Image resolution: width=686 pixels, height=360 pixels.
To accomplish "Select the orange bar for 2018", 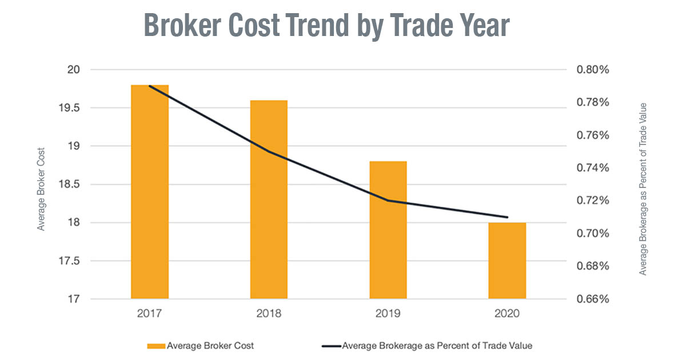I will tap(269, 200).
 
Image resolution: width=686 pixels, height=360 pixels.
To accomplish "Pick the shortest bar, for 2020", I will tap(507, 261).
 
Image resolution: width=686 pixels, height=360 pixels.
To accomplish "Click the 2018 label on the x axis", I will tap(269, 314).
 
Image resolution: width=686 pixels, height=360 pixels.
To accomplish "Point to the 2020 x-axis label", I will tap(507, 314).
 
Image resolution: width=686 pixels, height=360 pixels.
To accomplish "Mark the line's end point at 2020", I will tap(508, 217).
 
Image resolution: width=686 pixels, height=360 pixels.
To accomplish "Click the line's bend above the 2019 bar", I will tap(388, 201).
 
